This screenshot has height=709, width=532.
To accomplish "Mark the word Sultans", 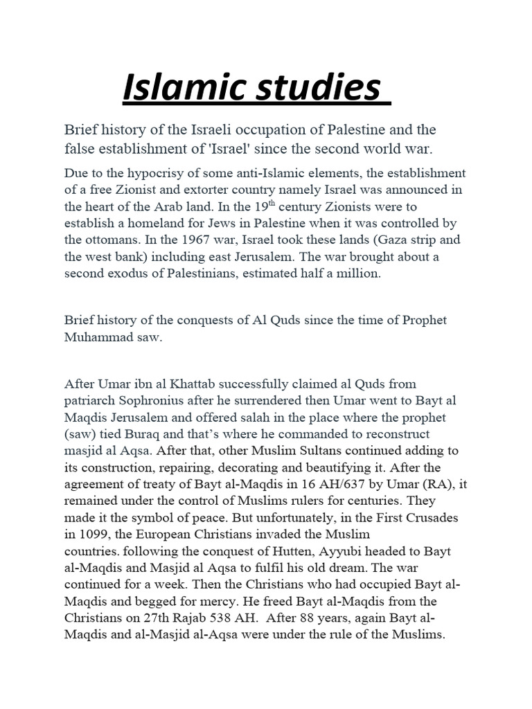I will tap(308, 451).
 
